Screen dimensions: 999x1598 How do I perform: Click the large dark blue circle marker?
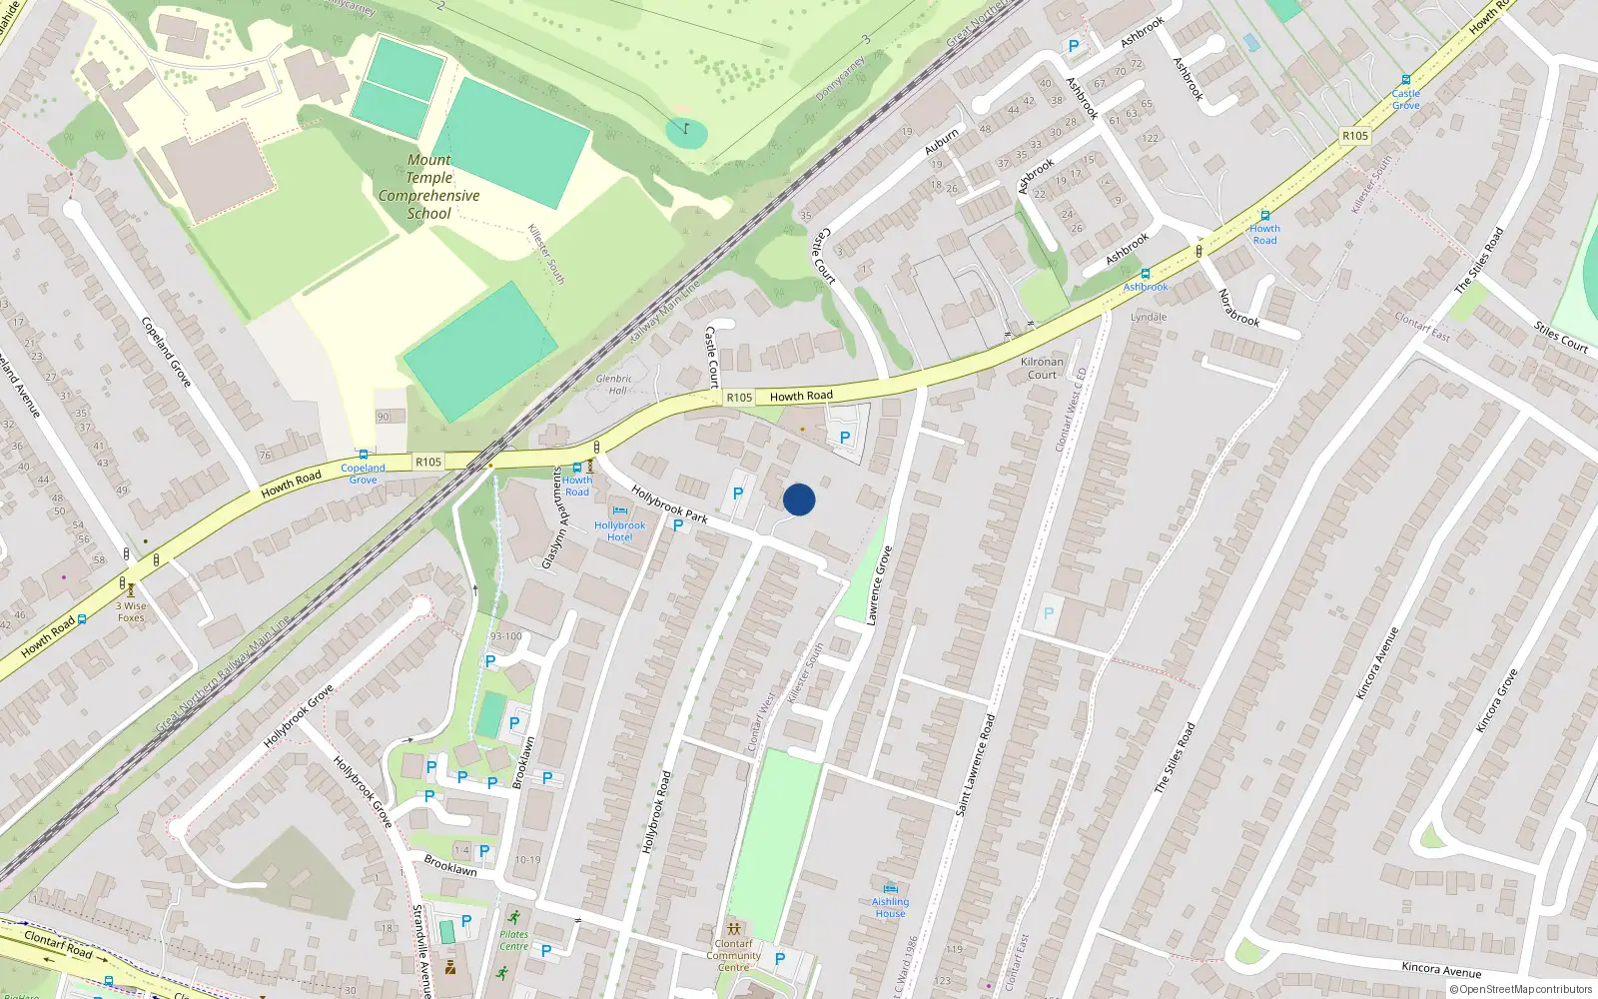[x=799, y=499]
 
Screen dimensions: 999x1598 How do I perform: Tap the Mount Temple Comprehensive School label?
[x=429, y=187]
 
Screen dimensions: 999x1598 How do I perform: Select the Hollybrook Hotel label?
[x=619, y=530]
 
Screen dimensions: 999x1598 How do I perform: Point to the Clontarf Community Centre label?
[x=733, y=955]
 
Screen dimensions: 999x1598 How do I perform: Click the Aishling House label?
[x=890, y=907]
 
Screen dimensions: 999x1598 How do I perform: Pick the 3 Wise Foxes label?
[x=131, y=611]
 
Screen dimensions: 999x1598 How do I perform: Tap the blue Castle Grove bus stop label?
[x=1405, y=99]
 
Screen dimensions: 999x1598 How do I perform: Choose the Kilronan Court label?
[x=1042, y=369]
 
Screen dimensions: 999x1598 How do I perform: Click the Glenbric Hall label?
[x=614, y=385]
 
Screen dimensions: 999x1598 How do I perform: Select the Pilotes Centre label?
[x=514, y=940]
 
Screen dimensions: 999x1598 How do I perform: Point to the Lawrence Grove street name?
[x=879, y=585]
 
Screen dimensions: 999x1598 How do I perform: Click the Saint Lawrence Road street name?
[x=976, y=764]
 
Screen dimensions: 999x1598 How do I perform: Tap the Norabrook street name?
[x=1238, y=308]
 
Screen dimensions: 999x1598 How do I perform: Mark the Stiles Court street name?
[x=1560, y=337]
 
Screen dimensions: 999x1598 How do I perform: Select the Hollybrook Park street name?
[x=669, y=504]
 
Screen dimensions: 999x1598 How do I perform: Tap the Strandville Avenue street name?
[x=421, y=950]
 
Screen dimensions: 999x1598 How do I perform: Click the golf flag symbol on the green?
[x=686, y=128]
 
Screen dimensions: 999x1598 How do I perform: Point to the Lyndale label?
[x=1149, y=317]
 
